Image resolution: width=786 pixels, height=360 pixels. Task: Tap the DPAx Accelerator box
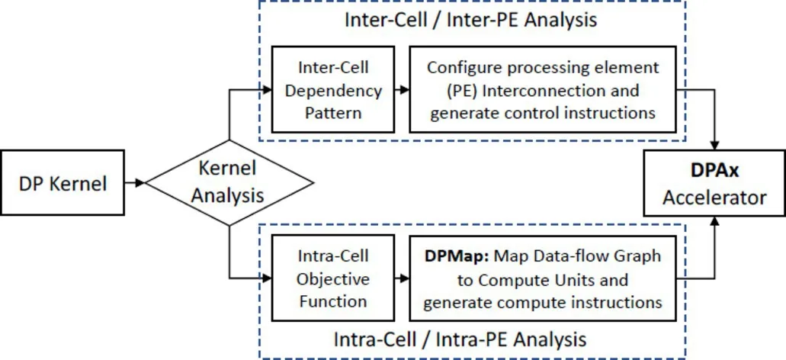click(x=714, y=184)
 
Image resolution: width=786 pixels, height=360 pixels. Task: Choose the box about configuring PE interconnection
click(x=543, y=91)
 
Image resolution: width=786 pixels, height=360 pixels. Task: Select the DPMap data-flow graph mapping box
click(x=543, y=278)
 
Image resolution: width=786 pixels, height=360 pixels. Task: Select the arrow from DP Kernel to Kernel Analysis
click(x=137, y=184)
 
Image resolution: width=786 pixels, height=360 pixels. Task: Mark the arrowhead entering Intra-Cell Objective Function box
click(x=267, y=278)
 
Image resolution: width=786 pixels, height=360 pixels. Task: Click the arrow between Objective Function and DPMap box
click(x=401, y=278)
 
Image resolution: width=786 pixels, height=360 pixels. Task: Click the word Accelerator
click(x=714, y=198)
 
